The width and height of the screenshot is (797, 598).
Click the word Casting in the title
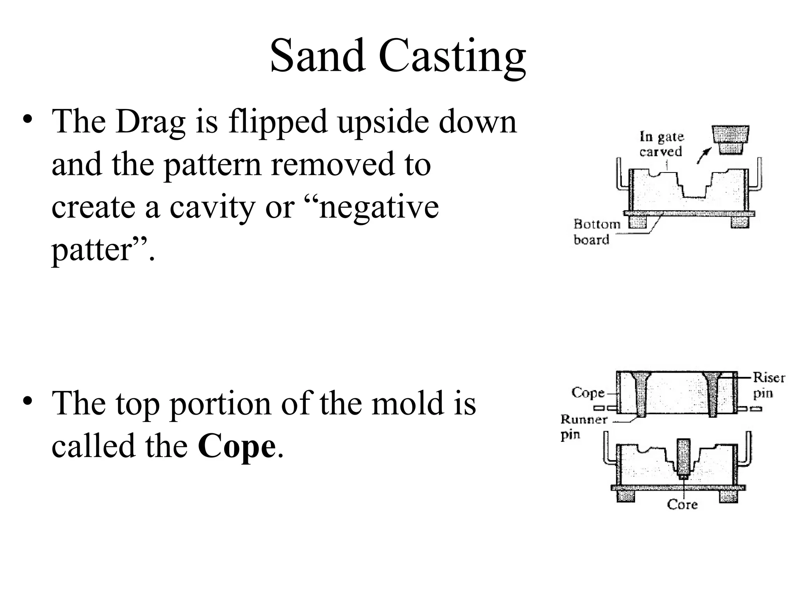tap(452, 56)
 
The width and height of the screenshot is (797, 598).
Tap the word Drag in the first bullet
tap(150, 121)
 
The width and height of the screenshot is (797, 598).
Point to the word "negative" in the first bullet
tap(379, 208)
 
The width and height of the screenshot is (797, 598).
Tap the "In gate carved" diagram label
tap(661, 144)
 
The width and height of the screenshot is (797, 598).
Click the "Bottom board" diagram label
tap(597, 232)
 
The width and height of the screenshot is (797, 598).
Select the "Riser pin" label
tap(768, 385)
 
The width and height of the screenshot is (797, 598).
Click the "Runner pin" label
tap(583, 426)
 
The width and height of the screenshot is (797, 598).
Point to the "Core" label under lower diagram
tap(682, 505)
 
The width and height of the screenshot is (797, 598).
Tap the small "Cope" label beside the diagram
tap(588, 392)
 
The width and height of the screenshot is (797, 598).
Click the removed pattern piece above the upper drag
tap(731, 139)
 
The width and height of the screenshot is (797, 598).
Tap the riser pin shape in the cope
tap(713, 393)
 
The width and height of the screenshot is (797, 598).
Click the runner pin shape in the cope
tap(641, 393)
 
